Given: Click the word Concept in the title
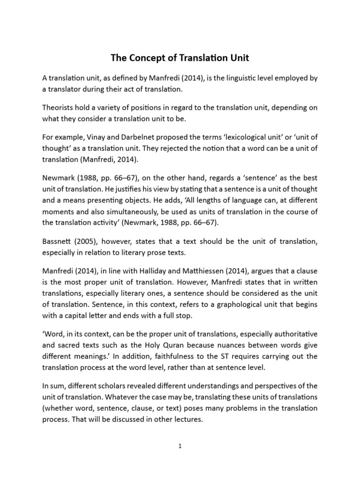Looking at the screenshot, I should pos(147,59).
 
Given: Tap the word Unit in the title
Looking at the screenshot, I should pos(238,59).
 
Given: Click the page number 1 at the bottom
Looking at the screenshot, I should pos(180,447).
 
